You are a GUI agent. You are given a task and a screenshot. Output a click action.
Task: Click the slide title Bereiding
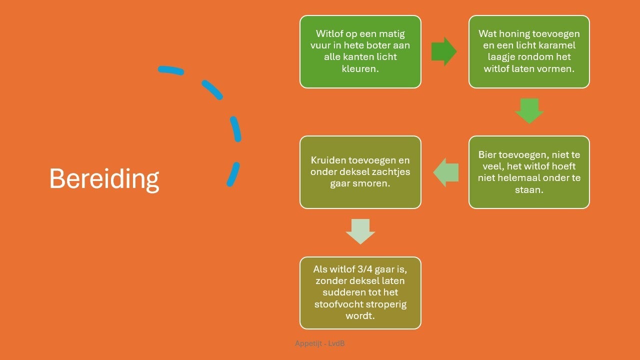(104, 179)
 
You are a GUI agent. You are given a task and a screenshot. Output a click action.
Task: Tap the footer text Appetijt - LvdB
(319, 343)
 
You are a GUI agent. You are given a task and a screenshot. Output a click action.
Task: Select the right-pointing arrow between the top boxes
(443, 51)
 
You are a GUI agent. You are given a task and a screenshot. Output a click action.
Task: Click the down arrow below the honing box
(529, 111)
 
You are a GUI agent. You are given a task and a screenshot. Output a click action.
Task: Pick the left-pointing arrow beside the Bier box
(446, 172)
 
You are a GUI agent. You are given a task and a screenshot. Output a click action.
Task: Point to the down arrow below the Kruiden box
(360, 231)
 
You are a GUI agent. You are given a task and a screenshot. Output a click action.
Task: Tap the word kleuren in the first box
(360, 68)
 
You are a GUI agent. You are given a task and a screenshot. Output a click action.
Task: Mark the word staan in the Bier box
(529, 189)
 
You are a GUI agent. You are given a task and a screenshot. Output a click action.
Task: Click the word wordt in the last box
(360, 316)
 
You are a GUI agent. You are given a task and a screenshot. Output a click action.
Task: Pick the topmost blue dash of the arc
(171, 70)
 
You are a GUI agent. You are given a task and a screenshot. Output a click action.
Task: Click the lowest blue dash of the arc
(233, 174)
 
